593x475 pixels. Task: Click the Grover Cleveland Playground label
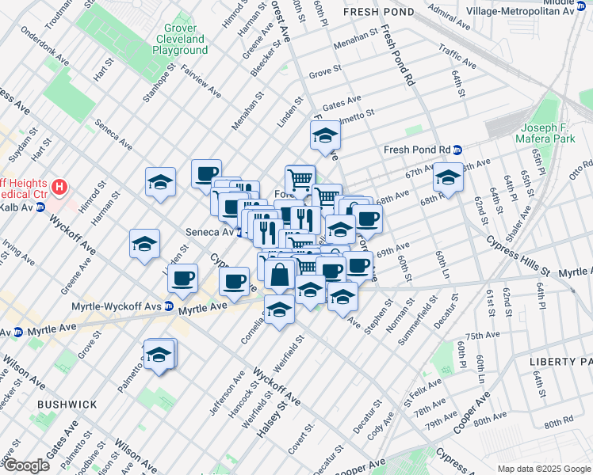coord(180,39)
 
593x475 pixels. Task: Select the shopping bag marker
coord(280,275)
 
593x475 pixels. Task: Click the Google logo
coord(26,465)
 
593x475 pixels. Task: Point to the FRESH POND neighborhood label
coord(377,13)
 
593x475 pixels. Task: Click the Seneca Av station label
coord(209,232)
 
